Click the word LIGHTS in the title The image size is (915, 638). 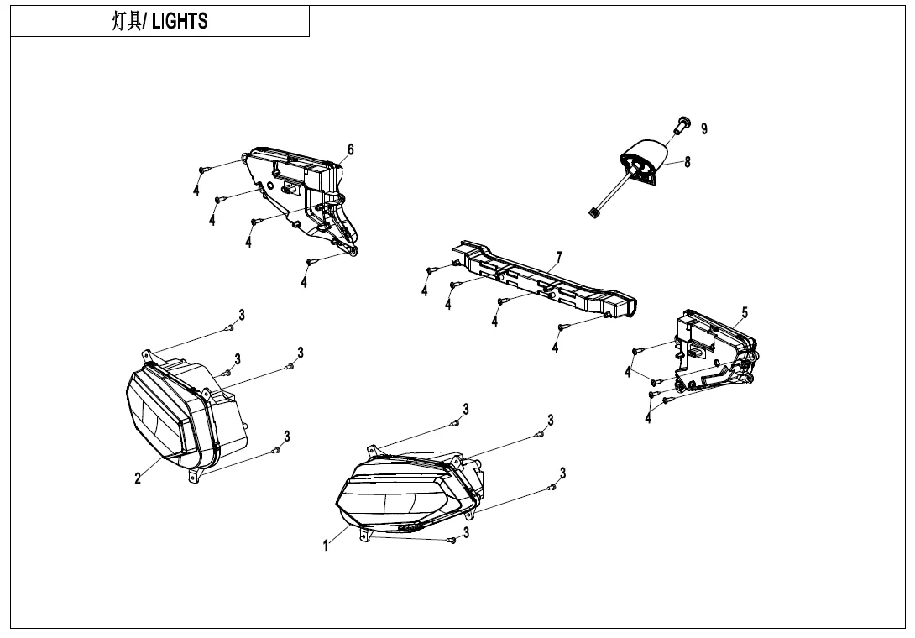[179, 22]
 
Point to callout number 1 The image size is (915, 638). [326, 546]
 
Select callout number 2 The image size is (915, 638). [138, 478]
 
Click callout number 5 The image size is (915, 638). [744, 313]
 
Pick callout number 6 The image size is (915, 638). [351, 149]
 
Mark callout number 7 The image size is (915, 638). [559, 256]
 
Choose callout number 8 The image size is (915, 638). [688, 162]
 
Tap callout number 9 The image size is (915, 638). [704, 128]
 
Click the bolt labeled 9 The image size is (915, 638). [681, 125]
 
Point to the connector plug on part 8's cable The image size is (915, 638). [593, 213]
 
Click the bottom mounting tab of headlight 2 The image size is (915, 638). [195, 476]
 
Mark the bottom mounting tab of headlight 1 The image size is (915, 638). [363, 533]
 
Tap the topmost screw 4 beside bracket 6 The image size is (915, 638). [202, 170]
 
